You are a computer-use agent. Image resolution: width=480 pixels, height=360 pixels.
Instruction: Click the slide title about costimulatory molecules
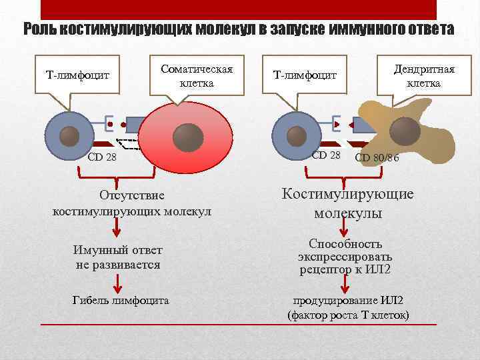pyautogui.click(x=239, y=30)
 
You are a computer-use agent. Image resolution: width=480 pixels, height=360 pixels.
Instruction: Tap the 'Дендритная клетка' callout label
pyautogui.click(x=424, y=77)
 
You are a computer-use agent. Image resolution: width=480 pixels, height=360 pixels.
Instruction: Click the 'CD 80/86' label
pyautogui.click(x=377, y=157)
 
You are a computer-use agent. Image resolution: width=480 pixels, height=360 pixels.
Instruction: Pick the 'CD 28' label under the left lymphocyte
pyautogui.click(x=102, y=157)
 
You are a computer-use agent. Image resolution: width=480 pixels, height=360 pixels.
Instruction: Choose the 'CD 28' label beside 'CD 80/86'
pyautogui.click(x=326, y=155)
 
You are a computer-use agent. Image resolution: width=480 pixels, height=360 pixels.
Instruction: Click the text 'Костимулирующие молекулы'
pyautogui.click(x=347, y=204)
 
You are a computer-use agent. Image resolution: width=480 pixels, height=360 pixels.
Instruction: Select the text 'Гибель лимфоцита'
pyautogui.click(x=120, y=300)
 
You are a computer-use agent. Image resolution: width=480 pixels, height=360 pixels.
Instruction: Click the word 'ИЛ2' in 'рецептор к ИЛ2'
pyautogui.click(x=379, y=270)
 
